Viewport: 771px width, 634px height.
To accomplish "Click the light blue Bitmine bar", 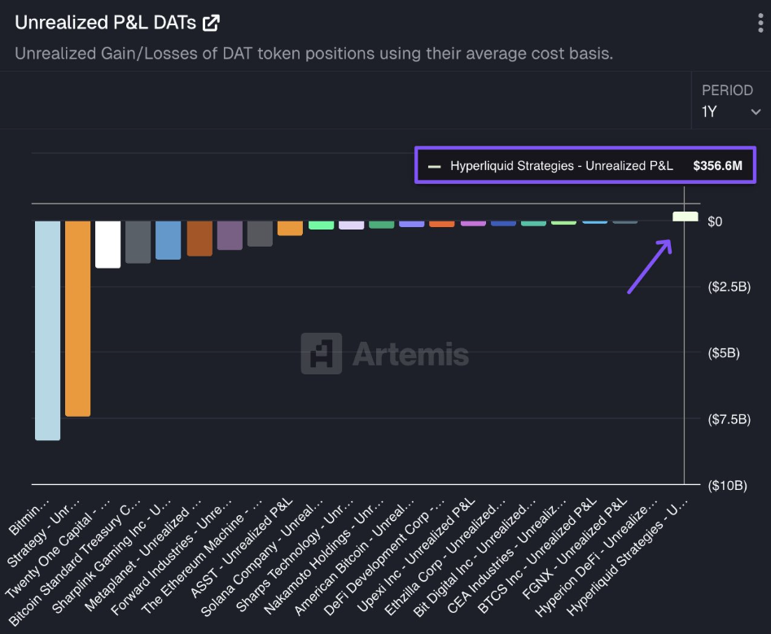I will tap(47, 330).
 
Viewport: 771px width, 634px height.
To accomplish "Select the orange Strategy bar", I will tap(77, 318).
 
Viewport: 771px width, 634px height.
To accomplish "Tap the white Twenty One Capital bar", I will tap(107, 244).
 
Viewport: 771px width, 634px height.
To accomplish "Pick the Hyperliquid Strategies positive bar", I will tap(685, 216).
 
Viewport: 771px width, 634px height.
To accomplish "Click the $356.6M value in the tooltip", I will tap(718, 166).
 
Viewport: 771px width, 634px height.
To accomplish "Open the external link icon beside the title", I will tap(211, 23).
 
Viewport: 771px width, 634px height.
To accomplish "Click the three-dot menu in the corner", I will tap(760, 23).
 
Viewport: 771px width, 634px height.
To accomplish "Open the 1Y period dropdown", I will tap(731, 111).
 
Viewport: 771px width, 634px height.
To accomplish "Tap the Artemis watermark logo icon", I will tap(321, 353).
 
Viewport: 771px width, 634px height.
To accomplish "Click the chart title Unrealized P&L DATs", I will tap(105, 23).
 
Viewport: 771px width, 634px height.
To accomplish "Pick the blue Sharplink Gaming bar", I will tap(168, 240).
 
